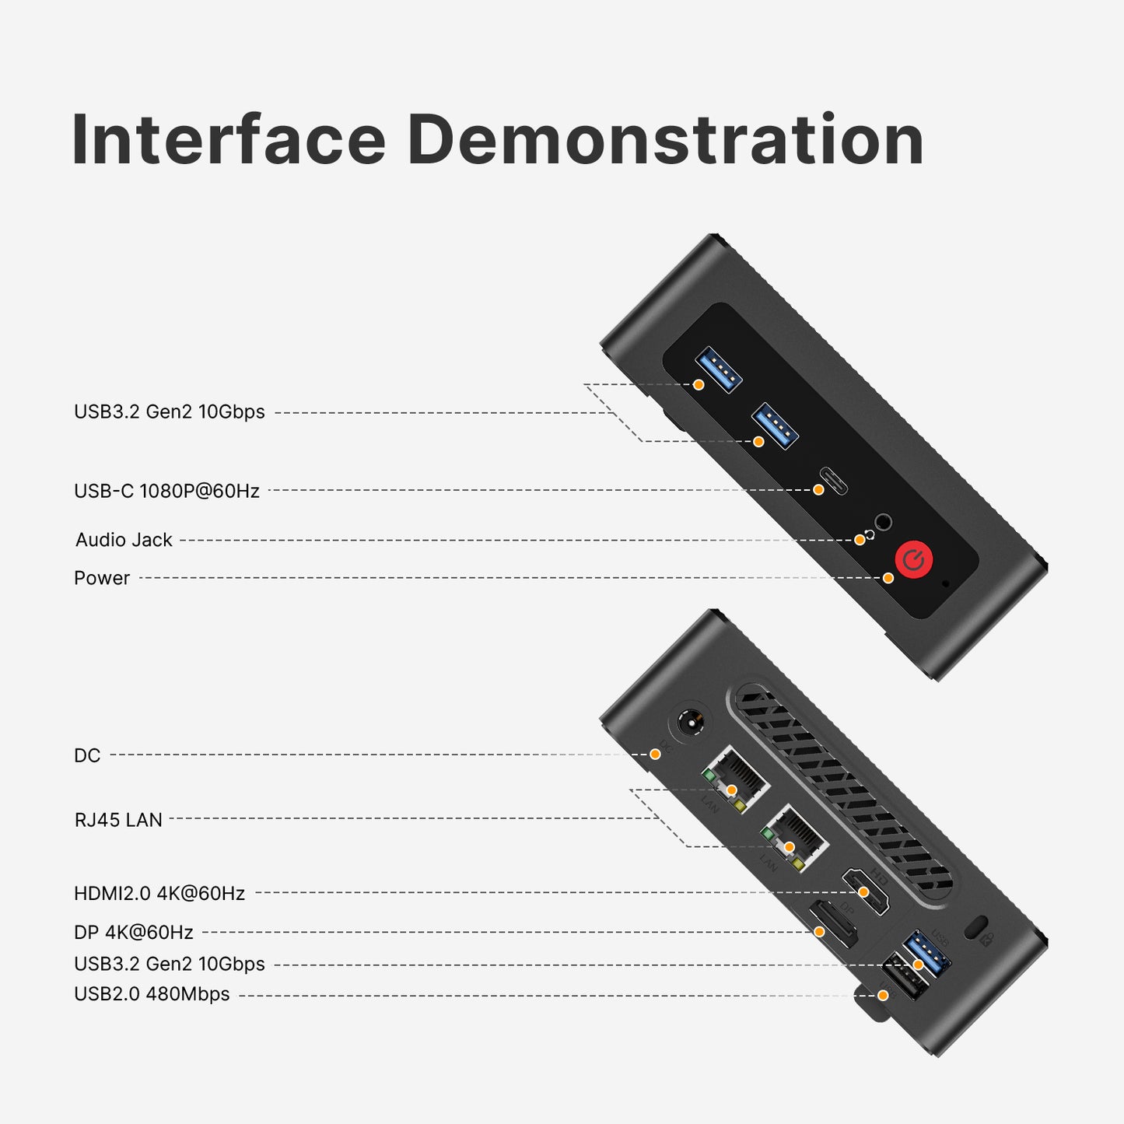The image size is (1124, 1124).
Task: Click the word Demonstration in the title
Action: click(x=665, y=140)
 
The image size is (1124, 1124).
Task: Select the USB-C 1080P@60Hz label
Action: click(x=166, y=491)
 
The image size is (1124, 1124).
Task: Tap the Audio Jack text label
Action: click(x=124, y=540)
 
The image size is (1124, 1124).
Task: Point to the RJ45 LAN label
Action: click(x=118, y=820)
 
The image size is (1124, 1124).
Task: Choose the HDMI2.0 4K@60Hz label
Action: click(x=159, y=893)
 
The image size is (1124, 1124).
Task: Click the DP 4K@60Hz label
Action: click(x=134, y=932)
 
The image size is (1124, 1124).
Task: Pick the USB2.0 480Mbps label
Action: click(x=152, y=994)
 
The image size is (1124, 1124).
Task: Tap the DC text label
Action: click(x=87, y=755)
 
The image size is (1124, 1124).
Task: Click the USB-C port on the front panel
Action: click(x=834, y=481)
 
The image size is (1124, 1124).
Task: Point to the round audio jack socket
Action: click(x=883, y=522)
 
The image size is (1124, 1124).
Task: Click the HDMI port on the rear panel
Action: click(x=866, y=891)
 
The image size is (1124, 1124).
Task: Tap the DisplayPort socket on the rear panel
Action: click(x=833, y=924)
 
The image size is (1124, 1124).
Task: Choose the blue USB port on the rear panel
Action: click(x=928, y=953)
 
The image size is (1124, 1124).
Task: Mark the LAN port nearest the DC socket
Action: click(x=735, y=779)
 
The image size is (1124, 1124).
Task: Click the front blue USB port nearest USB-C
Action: click(x=775, y=425)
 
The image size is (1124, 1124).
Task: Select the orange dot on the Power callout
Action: click(x=888, y=578)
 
